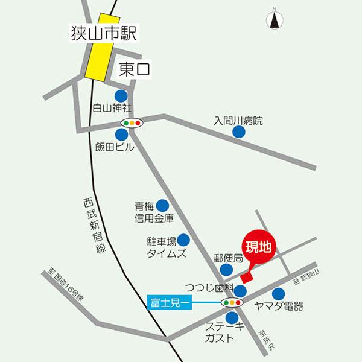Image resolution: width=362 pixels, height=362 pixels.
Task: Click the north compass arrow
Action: pyautogui.click(x=275, y=20)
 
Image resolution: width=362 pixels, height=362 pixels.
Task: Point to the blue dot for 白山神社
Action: pyautogui.click(x=121, y=95)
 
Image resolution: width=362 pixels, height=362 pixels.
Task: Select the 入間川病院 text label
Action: pyautogui.click(x=238, y=120)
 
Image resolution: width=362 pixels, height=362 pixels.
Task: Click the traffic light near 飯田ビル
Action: pyautogui.click(x=131, y=123)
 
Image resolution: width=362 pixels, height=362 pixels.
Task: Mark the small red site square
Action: pyautogui.click(x=246, y=278)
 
